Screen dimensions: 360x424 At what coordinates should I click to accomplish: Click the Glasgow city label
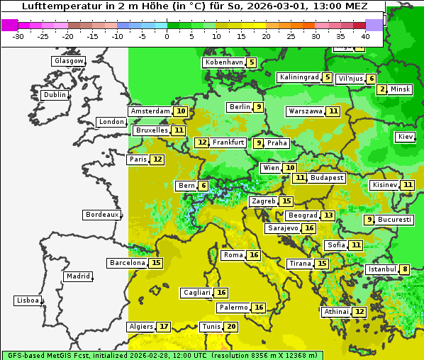point(68,61)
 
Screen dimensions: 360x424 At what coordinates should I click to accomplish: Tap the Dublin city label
point(54,95)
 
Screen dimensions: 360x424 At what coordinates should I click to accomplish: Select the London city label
point(111,122)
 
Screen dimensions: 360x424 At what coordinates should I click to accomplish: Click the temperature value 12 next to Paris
point(157,159)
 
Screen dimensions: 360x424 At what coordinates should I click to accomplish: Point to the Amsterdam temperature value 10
point(181,111)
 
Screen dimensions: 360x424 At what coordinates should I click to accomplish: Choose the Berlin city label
point(239,107)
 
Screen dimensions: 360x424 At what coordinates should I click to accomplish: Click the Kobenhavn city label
point(223,62)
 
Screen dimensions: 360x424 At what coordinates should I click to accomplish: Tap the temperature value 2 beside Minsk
point(382,89)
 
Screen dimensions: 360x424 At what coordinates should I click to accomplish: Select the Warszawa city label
point(305,111)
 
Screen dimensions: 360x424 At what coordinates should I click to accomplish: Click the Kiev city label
point(406,137)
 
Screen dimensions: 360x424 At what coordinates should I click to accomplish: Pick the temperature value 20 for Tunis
point(231,327)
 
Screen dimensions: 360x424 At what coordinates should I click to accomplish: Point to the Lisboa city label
point(27,300)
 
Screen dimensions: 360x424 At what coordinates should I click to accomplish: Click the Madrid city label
point(77,276)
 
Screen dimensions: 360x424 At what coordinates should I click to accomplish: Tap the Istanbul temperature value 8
point(405,269)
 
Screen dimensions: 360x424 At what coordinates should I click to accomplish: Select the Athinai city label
point(336,312)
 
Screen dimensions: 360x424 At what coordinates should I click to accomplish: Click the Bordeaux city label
point(101,215)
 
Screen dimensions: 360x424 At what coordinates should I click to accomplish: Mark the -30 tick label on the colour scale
point(18,35)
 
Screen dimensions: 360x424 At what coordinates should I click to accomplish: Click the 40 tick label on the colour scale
point(365,35)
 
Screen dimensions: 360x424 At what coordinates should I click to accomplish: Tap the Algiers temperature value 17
point(164,327)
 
